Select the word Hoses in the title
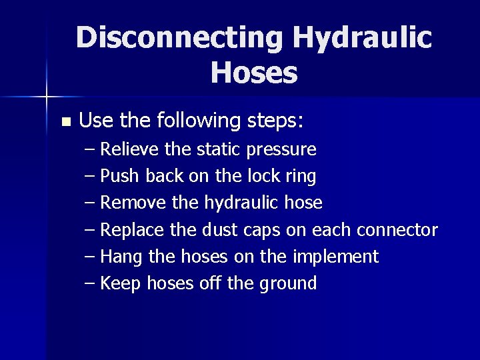click(254, 73)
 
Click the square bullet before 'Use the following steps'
click(65, 122)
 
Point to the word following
click(199, 121)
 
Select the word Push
click(121, 176)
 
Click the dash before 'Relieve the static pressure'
click(91, 149)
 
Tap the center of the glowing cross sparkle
click(47, 97)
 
